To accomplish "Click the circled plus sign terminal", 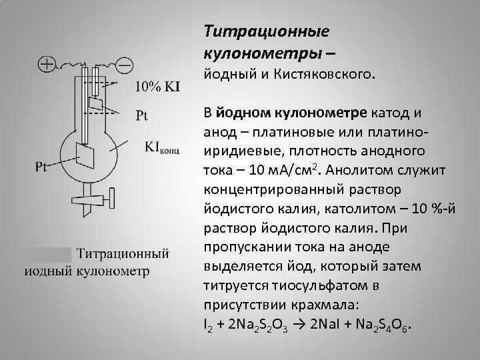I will pyautogui.click(x=46, y=65).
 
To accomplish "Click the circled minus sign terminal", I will pyautogui.click(x=124, y=65).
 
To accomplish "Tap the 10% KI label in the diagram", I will pyautogui.click(x=157, y=86).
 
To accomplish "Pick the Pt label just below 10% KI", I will pyautogui.click(x=142, y=115).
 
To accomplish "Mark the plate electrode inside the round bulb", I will pyautogui.click(x=85, y=155).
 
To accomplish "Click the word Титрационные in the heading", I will pyautogui.click(x=266, y=31).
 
